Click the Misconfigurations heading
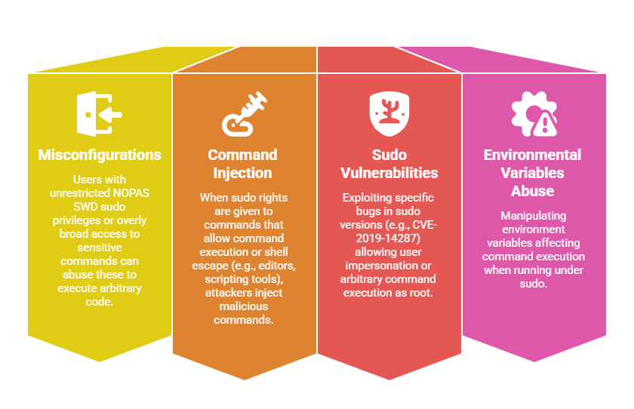coord(100,155)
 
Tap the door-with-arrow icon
coord(99,114)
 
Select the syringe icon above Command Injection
coord(245,114)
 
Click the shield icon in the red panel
coord(389,114)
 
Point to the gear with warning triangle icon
coord(534,114)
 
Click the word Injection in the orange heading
coord(242,174)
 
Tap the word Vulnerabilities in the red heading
coord(389,173)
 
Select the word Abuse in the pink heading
coord(533,191)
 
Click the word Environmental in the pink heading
coord(533,155)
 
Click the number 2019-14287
coord(388,238)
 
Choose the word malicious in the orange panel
coord(243,306)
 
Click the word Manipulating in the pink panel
coord(534,217)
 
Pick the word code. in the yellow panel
coord(100,302)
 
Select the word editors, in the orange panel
coord(277,266)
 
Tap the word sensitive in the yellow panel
coord(100,248)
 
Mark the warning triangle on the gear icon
coord(544,124)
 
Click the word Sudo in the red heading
coord(389,155)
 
